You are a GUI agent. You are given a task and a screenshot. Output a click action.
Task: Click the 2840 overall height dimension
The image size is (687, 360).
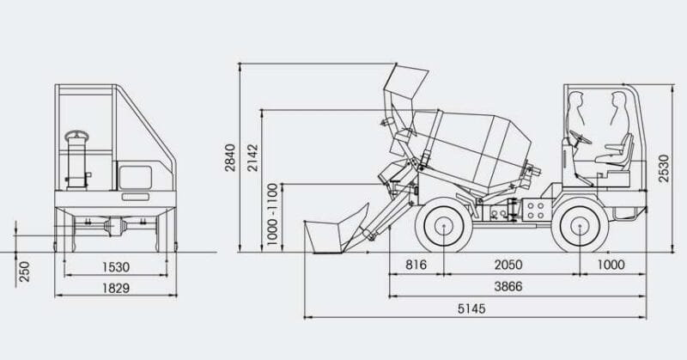(230, 157)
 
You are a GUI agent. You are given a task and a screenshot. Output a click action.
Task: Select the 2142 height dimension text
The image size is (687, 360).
(253, 157)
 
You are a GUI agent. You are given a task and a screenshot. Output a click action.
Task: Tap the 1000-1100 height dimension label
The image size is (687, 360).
(272, 214)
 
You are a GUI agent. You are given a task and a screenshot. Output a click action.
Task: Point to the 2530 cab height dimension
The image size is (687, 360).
(664, 168)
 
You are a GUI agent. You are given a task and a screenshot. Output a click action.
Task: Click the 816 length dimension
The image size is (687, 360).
(416, 265)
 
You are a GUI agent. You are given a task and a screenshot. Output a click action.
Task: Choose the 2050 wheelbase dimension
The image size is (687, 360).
(508, 265)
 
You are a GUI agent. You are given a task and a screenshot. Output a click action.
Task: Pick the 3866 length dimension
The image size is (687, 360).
(508, 287)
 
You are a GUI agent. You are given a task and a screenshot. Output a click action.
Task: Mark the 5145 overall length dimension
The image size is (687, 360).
(471, 308)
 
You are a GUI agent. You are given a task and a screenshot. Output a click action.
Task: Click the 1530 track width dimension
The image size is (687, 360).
(116, 267)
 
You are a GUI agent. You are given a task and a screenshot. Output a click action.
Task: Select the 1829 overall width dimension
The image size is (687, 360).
(116, 288)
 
